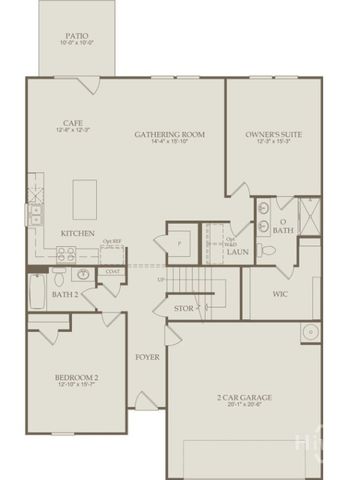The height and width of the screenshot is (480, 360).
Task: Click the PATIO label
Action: click(x=75, y=33)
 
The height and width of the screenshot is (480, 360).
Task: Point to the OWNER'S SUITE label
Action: click(x=273, y=133)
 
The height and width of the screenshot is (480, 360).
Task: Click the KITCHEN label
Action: click(x=77, y=233)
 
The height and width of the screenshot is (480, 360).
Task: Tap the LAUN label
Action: click(x=237, y=252)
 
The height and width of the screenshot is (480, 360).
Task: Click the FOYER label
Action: click(x=147, y=356)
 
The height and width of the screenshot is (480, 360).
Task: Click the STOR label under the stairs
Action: click(x=183, y=308)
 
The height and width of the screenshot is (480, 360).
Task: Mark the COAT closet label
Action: click(x=112, y=271)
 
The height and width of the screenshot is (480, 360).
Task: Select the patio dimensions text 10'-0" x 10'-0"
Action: click(x=75, y=43)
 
